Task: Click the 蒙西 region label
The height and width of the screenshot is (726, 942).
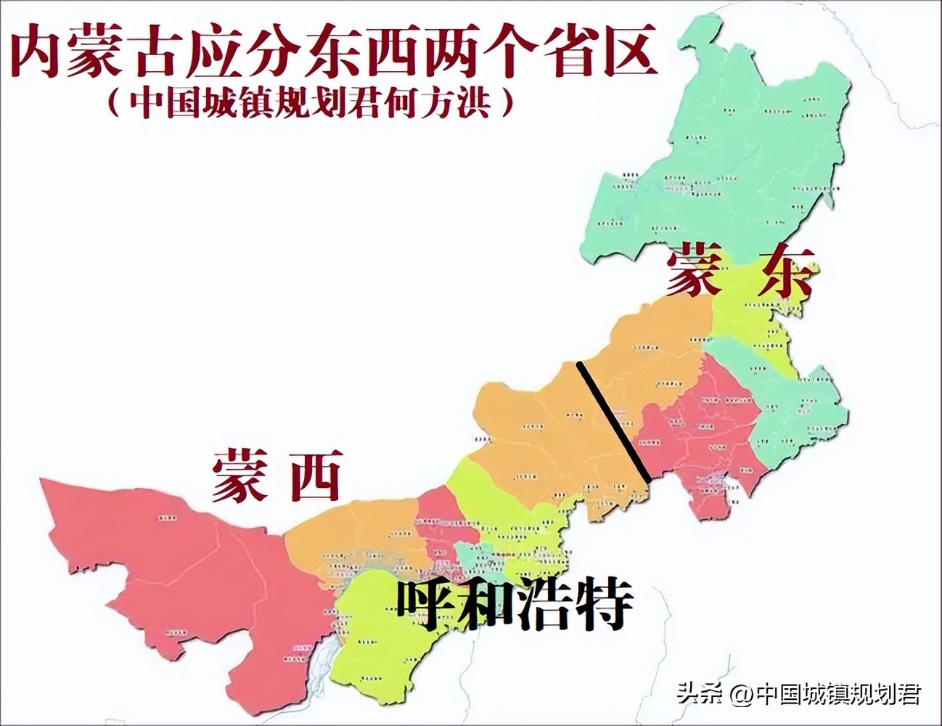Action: (275, 476)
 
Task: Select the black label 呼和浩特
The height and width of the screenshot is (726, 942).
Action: (515, 603)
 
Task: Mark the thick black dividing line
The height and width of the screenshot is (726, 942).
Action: (613, 421)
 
